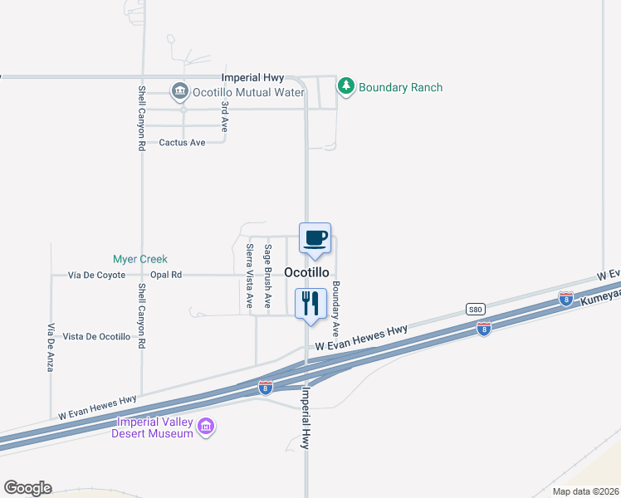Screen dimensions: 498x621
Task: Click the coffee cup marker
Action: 315,239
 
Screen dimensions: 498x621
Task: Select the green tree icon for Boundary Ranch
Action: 345,85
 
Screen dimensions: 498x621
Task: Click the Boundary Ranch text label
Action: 401,87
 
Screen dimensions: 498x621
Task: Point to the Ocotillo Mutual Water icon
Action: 178,90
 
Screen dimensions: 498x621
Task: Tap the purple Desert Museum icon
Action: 206,427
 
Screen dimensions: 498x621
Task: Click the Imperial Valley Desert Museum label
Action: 154,427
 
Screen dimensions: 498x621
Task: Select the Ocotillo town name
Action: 306,272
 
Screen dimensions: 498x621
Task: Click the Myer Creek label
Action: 140,259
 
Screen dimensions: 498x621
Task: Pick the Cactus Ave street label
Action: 182,143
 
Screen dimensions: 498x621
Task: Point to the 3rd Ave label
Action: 224,117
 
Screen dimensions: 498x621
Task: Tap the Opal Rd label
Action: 166,275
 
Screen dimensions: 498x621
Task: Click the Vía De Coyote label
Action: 97,275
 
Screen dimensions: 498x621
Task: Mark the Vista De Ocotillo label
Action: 96,336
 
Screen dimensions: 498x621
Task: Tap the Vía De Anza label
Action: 51,346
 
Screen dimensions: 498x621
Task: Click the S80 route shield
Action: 474,308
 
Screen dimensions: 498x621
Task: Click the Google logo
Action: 27,488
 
